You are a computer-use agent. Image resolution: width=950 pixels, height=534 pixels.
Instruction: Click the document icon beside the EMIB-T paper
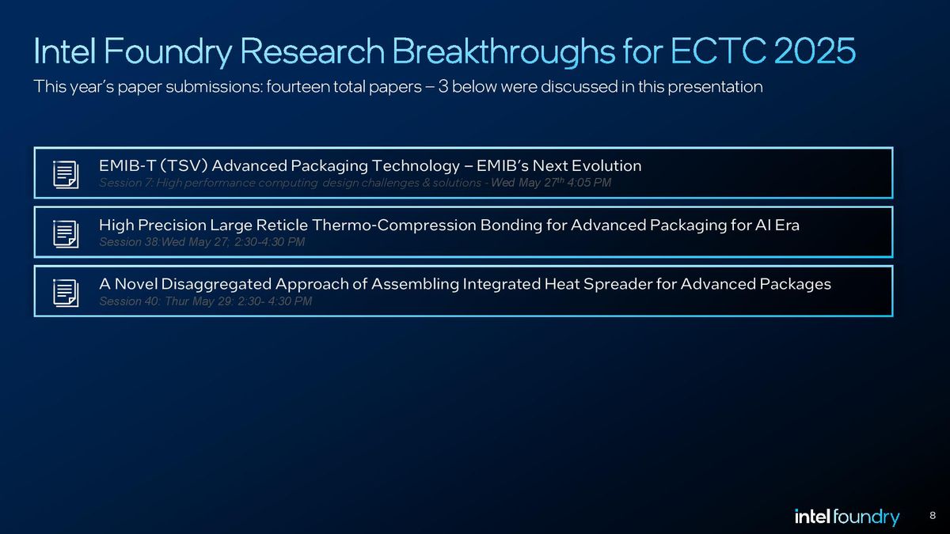click(66, 173)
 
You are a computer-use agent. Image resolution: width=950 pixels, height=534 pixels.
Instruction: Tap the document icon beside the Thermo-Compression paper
click(66, 233)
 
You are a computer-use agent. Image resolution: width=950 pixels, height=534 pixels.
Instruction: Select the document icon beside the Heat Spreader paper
click(66, 291)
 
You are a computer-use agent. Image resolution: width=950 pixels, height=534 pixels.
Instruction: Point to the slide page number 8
click(933, 517)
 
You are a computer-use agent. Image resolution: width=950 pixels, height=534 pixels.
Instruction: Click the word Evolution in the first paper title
click(607, 165)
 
